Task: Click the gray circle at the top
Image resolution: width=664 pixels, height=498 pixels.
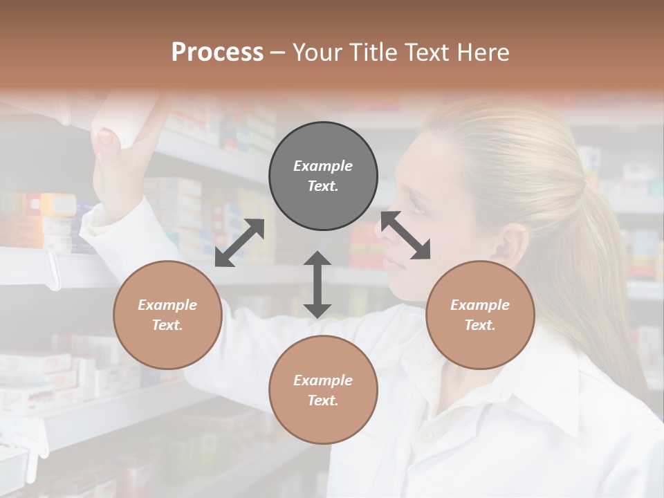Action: [x=323, y=176]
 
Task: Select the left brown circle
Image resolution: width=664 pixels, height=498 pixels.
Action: [x=167, y=315]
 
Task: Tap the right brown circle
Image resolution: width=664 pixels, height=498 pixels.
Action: [x=480, y=315]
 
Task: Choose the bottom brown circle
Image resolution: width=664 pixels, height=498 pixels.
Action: [x=323, y=390]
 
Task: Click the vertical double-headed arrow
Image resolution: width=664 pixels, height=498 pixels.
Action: [x=317, y=284]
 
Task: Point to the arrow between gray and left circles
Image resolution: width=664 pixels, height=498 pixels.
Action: [x=239, y=243]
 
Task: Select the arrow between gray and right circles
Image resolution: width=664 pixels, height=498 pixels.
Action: [x=405, y=235]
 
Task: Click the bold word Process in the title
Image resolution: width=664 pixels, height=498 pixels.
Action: [x=217, y=52]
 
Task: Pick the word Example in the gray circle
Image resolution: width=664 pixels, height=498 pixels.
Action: [x=323, y=166]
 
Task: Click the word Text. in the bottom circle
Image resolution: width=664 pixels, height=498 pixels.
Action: [x=323, y=400]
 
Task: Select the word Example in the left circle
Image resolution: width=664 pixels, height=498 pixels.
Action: [x=167, y=305]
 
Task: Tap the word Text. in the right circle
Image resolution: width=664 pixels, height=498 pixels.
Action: [x=480, y=325]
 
